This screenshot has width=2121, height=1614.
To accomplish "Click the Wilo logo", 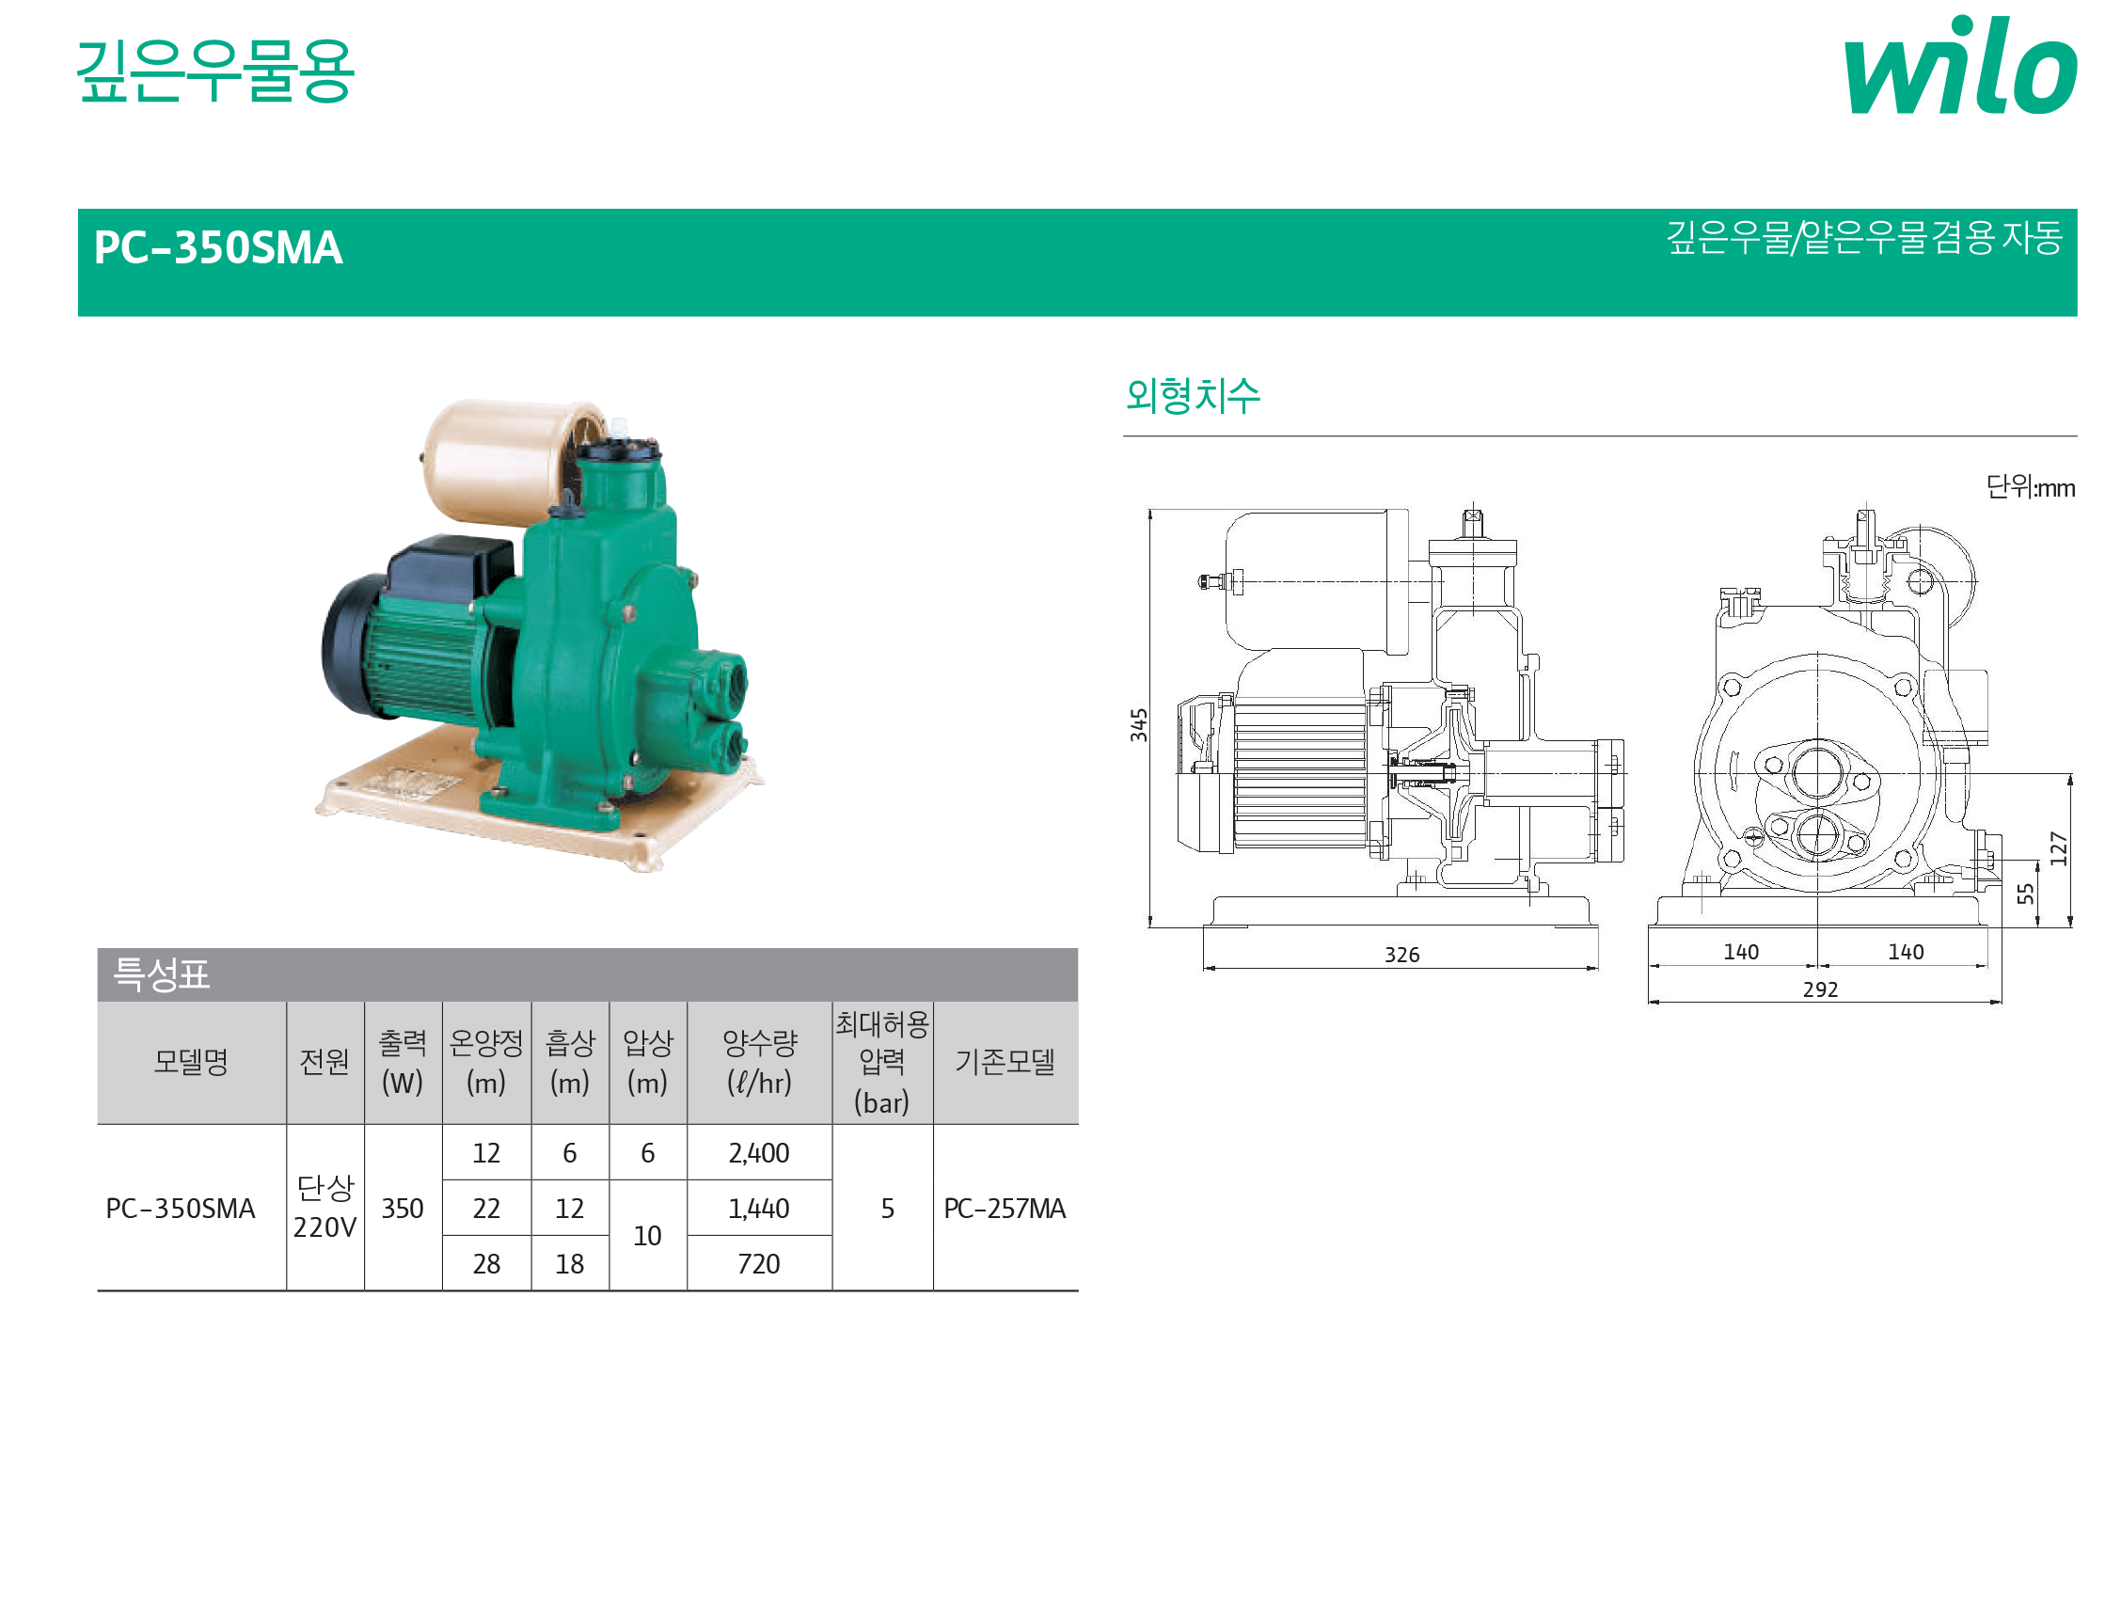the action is pyautogui.click(x=1959, y=64).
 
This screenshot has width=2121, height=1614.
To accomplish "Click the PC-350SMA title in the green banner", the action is pyautogui.click(x=218, y=248).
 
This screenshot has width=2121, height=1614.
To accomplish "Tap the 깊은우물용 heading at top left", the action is pyautogui.click(x=215, y=71).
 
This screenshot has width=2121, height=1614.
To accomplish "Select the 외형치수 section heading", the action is pyautogui.click(x=1192, y=395).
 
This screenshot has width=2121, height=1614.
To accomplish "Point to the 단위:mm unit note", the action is pyautogui.click(x=2030, y=487).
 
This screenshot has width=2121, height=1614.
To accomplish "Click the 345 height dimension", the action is pyautogui.click(x=1138, y=725).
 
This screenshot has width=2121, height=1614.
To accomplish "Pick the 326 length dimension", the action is pyautogui.click(x=1401, y=955).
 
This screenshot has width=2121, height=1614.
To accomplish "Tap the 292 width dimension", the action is pyautogui.click(x=1820, y=989).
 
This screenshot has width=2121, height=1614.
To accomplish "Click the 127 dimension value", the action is pyautogui.click(x=2059, y=849).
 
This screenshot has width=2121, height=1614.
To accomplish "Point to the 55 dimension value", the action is pyautogui.click(x=2026, y=894).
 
